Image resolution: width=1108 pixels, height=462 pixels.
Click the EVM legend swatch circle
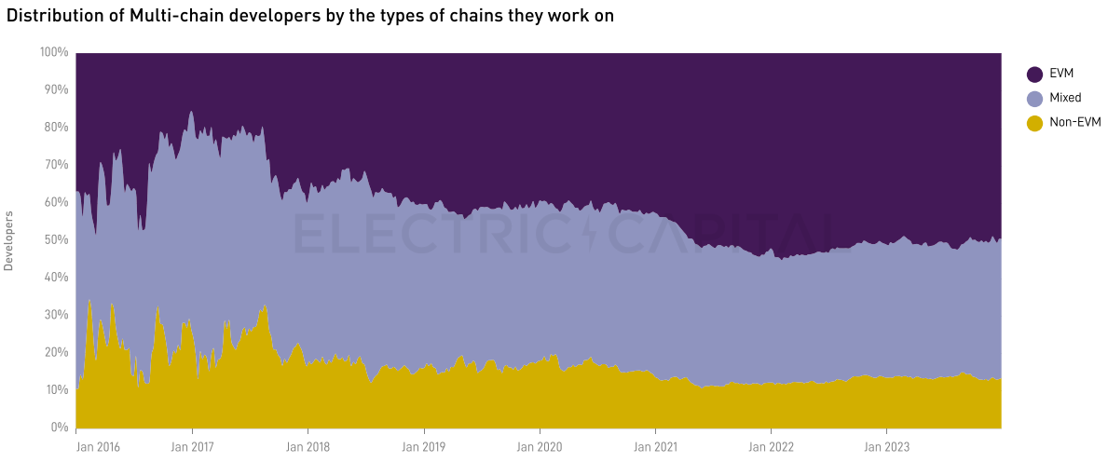point(1034,75)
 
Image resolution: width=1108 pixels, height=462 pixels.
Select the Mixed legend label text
point(1065,99)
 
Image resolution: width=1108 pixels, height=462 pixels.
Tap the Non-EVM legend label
point(1074,123)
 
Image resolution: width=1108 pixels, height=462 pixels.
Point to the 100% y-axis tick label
point(54,52)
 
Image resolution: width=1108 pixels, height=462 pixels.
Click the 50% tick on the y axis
point(57,240)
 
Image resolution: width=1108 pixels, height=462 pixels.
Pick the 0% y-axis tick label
point(60,428)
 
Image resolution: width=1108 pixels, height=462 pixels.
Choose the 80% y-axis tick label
point(57,128)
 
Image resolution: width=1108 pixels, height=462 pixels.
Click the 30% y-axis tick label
point(57,316)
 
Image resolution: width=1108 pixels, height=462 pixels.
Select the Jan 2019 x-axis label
point(424,446)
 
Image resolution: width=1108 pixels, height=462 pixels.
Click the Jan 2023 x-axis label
point(888,446)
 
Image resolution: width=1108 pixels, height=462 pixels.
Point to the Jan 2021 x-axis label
point(656,446)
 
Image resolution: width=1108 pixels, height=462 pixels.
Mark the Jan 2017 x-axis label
point(192,446)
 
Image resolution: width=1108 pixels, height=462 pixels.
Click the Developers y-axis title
point(9,240)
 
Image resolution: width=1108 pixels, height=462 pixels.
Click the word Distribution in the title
point(51,16)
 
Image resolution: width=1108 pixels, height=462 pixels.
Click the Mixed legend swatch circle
point(1034,99)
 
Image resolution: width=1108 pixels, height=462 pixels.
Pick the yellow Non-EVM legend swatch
point(1034,123)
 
